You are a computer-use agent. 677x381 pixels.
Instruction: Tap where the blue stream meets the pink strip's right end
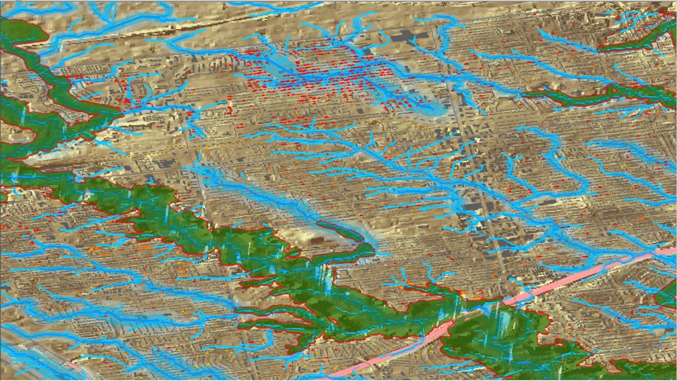coord(656,249)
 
